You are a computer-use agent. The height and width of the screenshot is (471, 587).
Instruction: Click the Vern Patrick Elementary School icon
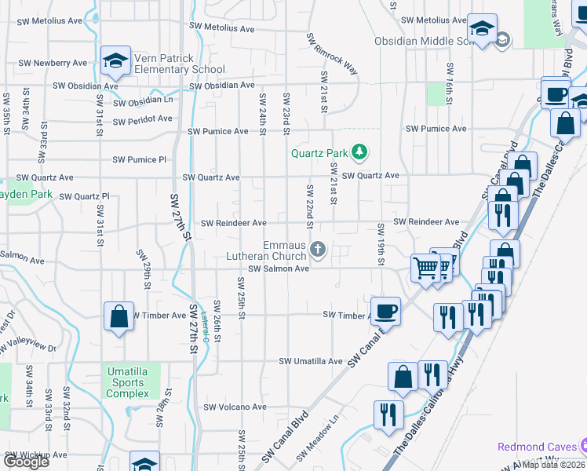[115, 60]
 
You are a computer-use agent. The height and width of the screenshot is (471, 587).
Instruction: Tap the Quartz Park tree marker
[360, 151]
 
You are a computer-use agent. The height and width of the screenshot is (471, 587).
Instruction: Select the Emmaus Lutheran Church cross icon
[318, 250]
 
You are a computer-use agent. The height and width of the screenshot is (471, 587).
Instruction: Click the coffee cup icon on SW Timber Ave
[386, 310]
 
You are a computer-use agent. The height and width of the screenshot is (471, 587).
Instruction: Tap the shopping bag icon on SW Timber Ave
[118, 317]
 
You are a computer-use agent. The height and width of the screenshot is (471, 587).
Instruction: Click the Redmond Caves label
[536, 447]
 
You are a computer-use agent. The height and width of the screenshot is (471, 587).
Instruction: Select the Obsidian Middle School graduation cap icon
[481, 28]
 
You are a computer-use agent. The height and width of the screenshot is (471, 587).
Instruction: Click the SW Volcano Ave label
[235, 407]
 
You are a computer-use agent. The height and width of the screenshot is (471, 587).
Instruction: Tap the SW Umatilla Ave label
[312, 361]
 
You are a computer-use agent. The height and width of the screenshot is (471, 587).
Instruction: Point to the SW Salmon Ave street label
[279, 268]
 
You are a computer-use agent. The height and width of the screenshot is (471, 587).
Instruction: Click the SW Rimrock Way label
[332, 54]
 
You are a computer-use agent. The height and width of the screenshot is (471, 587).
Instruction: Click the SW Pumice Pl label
[139, 159]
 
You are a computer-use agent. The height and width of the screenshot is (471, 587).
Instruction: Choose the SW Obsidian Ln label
[143, 102]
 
